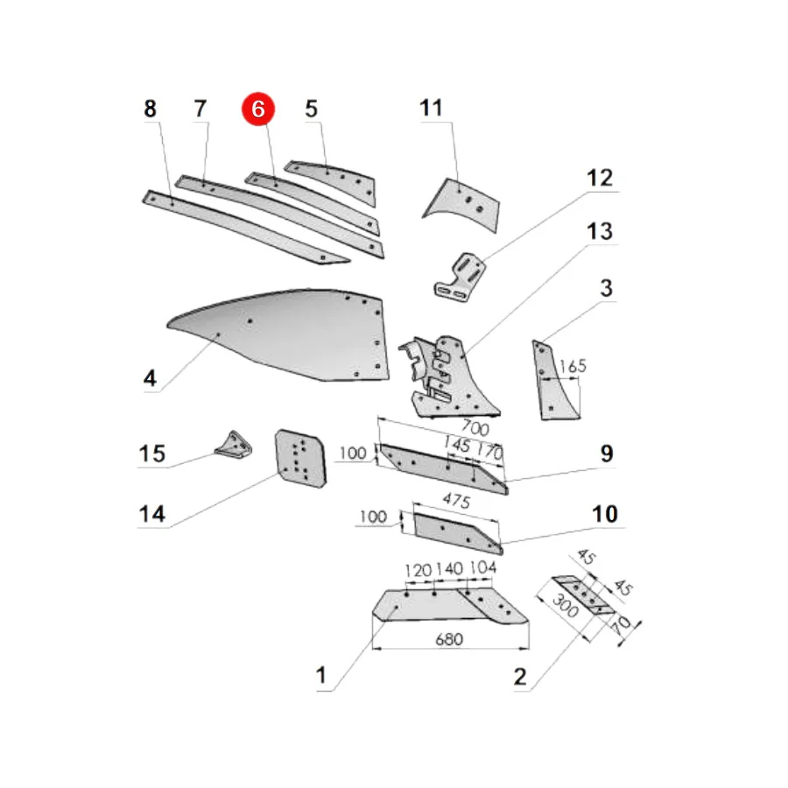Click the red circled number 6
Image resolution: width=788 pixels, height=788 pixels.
(x=257, y=109)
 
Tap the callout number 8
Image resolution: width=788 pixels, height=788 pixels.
(x=150, y=109)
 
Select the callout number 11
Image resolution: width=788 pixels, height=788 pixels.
(x=431, y=108)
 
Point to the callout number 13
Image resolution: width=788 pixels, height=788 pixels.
(x=600, y=232)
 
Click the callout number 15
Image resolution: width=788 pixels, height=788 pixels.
(x=151, y=454)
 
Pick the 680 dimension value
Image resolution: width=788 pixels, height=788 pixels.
(x=449, y=639)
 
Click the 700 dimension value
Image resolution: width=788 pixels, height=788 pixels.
(x=475, y=427)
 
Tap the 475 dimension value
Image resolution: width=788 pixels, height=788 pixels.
(x=456, y=501)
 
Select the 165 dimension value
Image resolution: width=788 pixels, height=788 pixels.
(x=573, y=365)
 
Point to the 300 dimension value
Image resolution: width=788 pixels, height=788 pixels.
(x=565, y=606)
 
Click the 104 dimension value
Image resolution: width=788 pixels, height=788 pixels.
(x=483, y=568)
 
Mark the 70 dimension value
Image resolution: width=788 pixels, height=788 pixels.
(x=622, y=624)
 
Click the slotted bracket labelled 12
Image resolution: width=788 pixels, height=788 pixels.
(x=460, y=278)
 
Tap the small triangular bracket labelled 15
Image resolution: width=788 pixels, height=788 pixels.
(x=234, y=446)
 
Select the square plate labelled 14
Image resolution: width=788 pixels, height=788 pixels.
(x=300, y=458)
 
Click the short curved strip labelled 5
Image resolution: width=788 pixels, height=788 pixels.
(x=334, y=181)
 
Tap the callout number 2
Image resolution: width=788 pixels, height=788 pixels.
(x=520, y=677)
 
